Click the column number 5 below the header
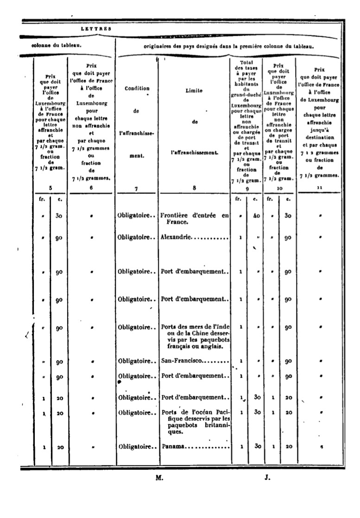point(51,188)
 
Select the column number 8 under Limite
point(195,188)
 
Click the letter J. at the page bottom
point(267,477)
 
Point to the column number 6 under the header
point(91,188)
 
